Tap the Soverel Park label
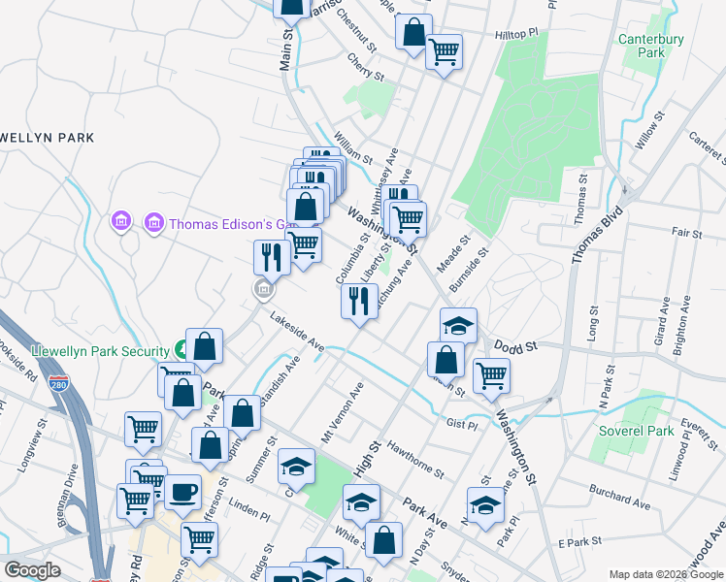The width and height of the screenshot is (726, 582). [x=623, y=430]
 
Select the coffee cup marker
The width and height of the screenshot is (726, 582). [x=182, y=493]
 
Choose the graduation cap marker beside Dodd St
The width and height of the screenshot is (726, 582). [x=458, y=325]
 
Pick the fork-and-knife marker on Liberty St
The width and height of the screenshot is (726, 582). [x=358, y=302]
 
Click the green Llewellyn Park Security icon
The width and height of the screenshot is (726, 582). [x=181, y=349]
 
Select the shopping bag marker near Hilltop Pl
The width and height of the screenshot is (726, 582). [x=413, y=32]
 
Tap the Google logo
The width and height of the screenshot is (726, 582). [x=32, y=570]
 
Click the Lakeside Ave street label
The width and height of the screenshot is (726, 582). [x=297, y=331]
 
